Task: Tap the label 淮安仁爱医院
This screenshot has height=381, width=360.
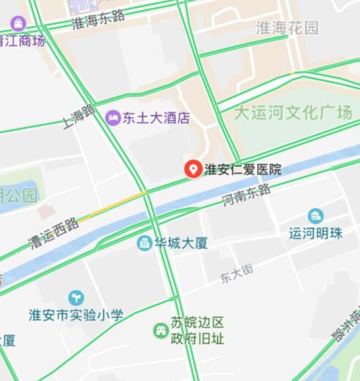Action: click(242, 170)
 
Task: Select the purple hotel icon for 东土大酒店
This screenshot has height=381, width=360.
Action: click(113, 117)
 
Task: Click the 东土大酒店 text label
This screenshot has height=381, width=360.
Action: click(156, 118)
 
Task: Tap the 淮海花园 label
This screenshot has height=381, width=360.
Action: click(288, 28)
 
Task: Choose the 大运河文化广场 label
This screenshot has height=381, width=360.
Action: click(293, 112)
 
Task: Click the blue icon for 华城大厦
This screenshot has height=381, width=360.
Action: click(145, 242)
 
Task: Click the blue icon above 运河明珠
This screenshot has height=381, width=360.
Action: click(315, 216)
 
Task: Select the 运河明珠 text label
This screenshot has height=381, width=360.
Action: click(315, 234)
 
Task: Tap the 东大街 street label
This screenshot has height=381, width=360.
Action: click(237, 274)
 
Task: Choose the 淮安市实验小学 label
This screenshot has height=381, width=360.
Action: click(76, 315)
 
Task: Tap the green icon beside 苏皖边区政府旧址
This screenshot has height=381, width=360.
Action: click(160, 331)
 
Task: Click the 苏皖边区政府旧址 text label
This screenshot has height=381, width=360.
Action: click(197, 331)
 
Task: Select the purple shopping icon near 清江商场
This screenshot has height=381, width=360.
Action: click(18, 24)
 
